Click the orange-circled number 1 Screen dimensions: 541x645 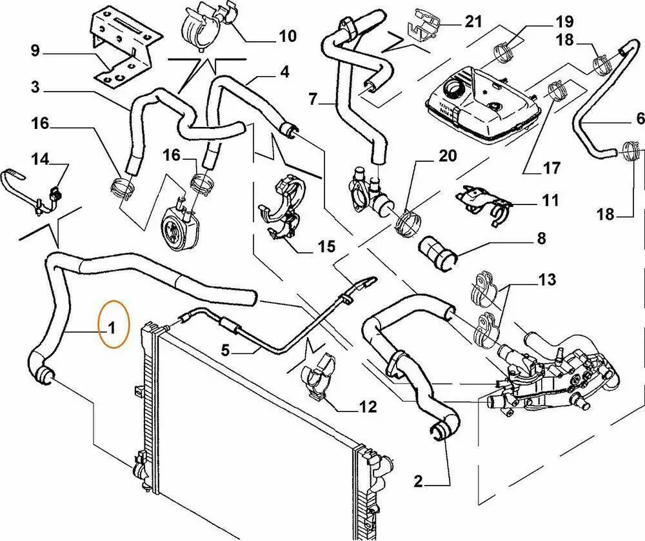click(x=111, y=329)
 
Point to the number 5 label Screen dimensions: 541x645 click(x=226, y=351)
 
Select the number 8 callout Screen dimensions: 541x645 click(x=541, y=239)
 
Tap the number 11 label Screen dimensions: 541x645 click(x=550, y=201)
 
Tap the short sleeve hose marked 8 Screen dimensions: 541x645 click(x=437, y=253)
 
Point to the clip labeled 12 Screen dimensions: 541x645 click(x=321, y=377)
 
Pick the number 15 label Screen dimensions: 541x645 click(x=326, y=246)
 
